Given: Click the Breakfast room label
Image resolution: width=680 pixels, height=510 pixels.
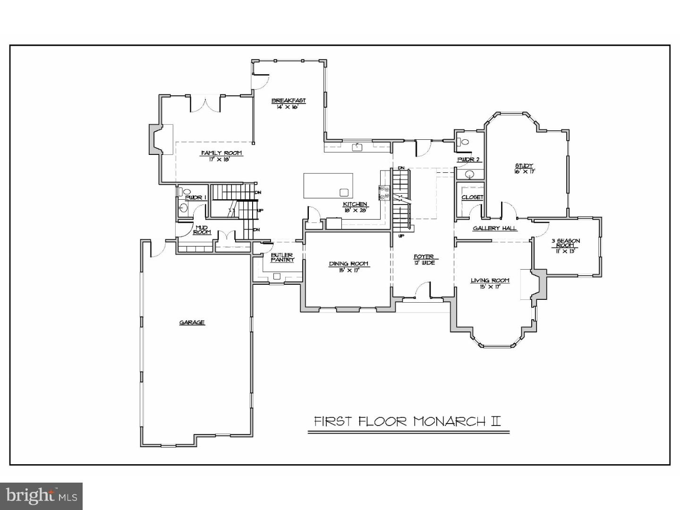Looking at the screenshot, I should tap(288, 101).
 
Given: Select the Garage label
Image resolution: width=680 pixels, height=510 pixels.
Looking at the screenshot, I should tap(192, 323).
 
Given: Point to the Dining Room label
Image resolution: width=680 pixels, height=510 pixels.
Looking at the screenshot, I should tap(348, 264).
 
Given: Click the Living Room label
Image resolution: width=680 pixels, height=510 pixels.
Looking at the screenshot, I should tap(490, 280).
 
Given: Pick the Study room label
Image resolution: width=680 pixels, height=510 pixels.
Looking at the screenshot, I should tap(524, 166).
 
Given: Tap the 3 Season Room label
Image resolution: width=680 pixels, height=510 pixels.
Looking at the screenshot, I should tap(565, 243).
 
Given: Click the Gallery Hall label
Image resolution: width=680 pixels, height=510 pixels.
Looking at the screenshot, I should tap(494, 229).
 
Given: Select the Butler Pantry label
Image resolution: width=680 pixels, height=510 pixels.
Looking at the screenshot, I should tap(282, 257).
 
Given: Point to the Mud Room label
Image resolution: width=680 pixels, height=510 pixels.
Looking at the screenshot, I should tap(202, 229).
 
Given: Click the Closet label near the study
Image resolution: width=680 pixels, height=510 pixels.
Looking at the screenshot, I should tap(472, 197).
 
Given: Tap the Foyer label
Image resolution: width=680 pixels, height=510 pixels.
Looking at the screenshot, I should tap(423, 257).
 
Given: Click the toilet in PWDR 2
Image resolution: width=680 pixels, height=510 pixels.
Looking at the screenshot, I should tap(463, 141).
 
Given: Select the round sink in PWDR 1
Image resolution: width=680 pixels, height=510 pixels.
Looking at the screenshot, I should tap(183, 207).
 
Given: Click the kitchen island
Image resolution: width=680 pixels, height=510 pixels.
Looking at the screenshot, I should tap(328, 186).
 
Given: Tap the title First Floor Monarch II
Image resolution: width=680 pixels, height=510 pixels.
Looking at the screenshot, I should tap(408, 421).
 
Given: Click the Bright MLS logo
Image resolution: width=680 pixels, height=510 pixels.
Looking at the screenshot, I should tap(42, 496).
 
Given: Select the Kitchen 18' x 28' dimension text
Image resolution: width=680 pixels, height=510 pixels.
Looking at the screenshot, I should tap(355, 210).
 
